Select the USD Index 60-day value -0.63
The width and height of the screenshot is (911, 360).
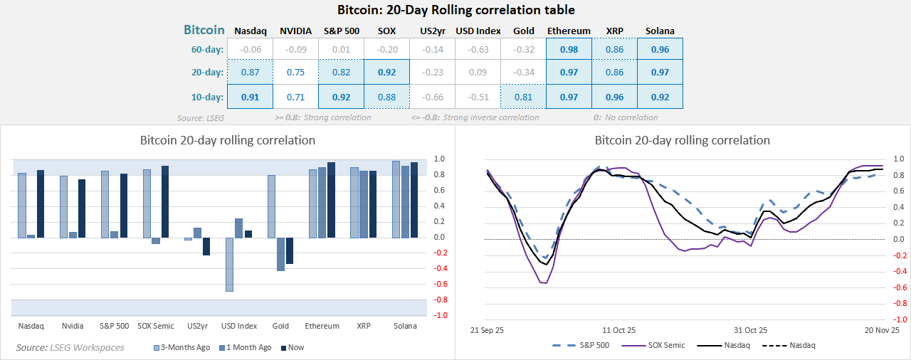pos(478,50)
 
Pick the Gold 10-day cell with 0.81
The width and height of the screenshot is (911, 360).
pos(523,97)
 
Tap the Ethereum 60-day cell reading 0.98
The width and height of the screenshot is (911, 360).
pos(569,50)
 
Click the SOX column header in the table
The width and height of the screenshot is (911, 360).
pos(386,31)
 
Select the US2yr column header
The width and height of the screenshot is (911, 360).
pos(432,31)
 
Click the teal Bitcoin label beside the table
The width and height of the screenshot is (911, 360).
pos(204,30)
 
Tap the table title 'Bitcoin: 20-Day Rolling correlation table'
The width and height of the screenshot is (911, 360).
pos(455,10)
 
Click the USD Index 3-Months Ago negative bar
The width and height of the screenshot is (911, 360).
pos(230,264)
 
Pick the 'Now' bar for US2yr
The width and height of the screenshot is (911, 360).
pos(206,246)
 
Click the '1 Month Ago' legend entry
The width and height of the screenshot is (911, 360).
pos(244,347)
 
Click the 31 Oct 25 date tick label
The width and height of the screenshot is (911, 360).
pos(751,330)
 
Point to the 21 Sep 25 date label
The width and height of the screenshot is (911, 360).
pos(488,330)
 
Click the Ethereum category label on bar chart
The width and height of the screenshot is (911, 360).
pos(322,326)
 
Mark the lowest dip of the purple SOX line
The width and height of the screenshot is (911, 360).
pos(544,283)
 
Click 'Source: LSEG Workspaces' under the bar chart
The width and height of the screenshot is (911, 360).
pos(70,347)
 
